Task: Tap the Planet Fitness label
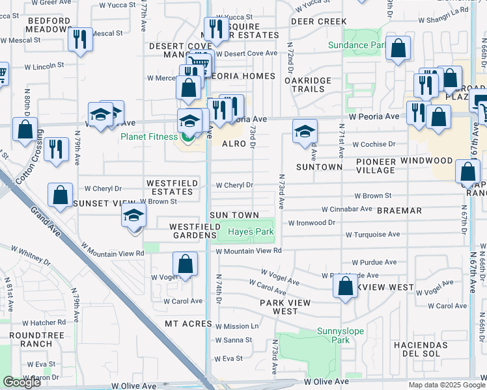tap(148, 136)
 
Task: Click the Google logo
tap(21, 382)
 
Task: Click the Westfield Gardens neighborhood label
tap(193, 231)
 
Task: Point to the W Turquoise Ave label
tap(372, 235)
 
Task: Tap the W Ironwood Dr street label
tap(311, 222)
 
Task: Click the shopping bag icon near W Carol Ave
tap(185, 265)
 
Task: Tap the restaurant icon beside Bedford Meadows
tap(80, 39)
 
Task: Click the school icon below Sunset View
tap(133, 215)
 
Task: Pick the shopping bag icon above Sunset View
tap(61, 196)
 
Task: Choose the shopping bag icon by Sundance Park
tap(397, 49)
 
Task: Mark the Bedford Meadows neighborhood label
tap(49, 25)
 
